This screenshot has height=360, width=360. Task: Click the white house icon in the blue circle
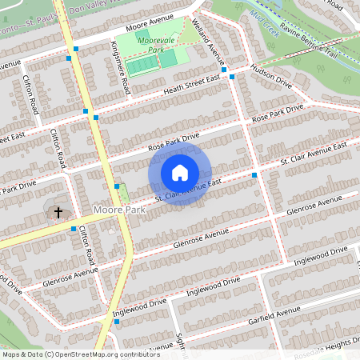[180, 173]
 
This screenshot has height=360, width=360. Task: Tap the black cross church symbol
[58, 212]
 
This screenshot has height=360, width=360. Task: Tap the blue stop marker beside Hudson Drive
[232, 78]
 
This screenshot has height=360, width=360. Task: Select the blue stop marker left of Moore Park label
[74, 229]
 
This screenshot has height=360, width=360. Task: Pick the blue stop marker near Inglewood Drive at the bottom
[117, 322]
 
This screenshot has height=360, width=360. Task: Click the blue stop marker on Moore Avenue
[76, 49]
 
